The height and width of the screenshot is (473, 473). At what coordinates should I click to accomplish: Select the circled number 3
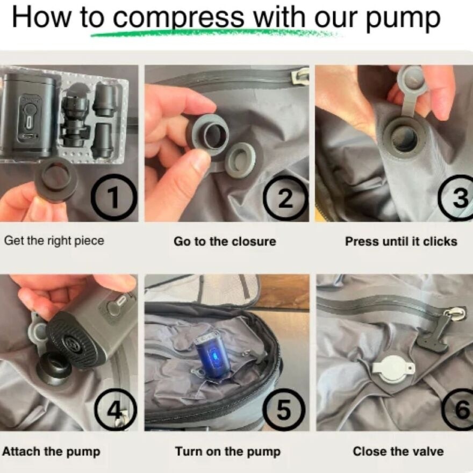pyautogui.click(x=458, y=197)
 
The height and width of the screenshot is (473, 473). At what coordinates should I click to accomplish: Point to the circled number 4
pyautogui.click(x=116, y=410)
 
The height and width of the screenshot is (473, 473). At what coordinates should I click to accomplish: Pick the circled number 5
pyautogui.click(x=284, y=410)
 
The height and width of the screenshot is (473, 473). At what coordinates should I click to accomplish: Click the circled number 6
pyautogui.click(x=459, y=410)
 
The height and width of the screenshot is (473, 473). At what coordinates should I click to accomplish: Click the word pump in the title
pyautogui.click(x=403, y=19)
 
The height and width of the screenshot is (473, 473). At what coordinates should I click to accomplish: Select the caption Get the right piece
pyautogui.click(x=54, y=241)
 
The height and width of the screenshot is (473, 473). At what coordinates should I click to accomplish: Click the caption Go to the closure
pyautogui.click(x=225, y=242)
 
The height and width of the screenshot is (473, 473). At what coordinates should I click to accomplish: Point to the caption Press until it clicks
pyautogui.click(x=401, y=242)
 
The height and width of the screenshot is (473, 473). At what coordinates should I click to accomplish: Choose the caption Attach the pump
pyautogui.click(x=51, y=452)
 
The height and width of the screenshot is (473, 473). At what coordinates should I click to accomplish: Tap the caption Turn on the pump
pyautogui.click(x=228, y=452)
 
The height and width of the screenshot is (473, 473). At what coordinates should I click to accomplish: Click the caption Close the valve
pyautogui.click(x=398, y=451)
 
